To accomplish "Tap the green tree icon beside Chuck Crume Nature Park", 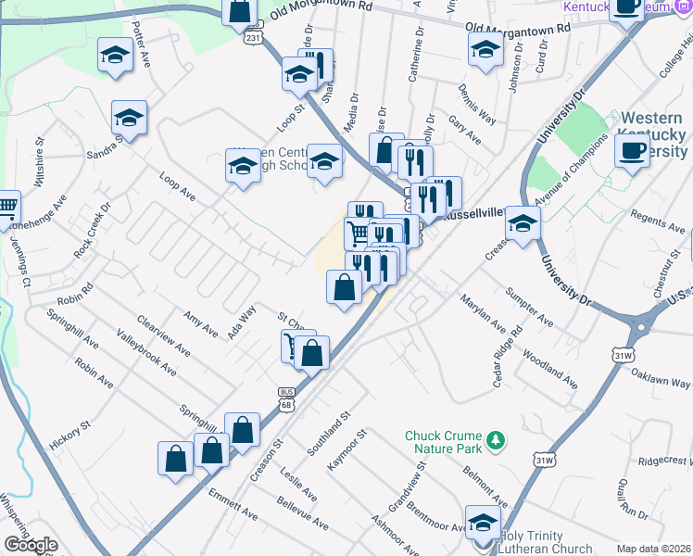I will click(x=498, y=437).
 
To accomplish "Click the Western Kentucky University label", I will click(x=654, y=134).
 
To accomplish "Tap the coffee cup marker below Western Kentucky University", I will click(x=633, y=150).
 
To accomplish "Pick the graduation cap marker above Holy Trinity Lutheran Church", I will click(x=483, y=523).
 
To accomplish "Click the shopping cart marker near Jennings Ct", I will click(x=6, y=208).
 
